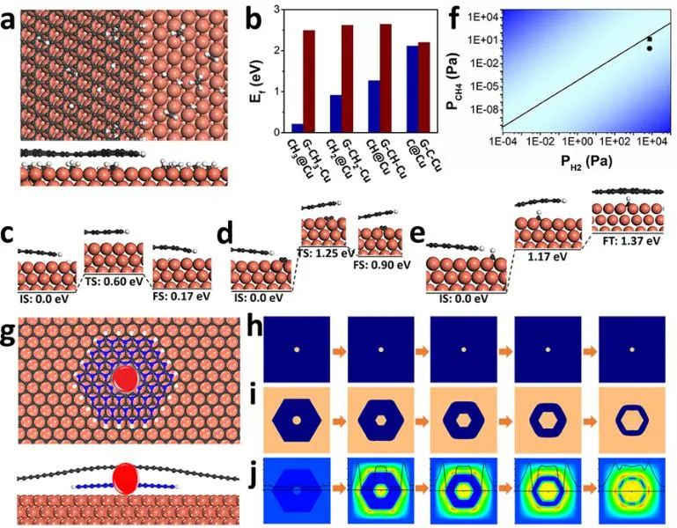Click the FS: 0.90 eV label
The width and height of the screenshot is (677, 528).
click(385, 264)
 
